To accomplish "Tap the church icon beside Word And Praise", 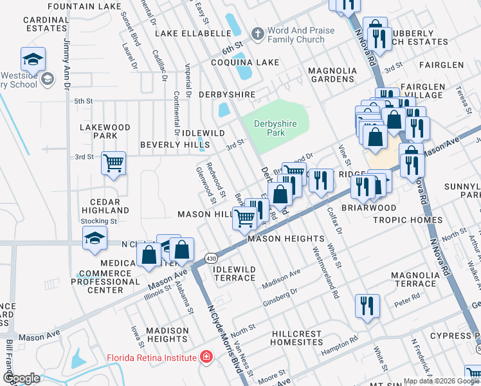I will [257, 33].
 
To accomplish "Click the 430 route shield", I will [211, 258].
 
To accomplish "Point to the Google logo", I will [21, 378].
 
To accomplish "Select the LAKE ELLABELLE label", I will [192, 33].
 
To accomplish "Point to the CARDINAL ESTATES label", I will [46, 24].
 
